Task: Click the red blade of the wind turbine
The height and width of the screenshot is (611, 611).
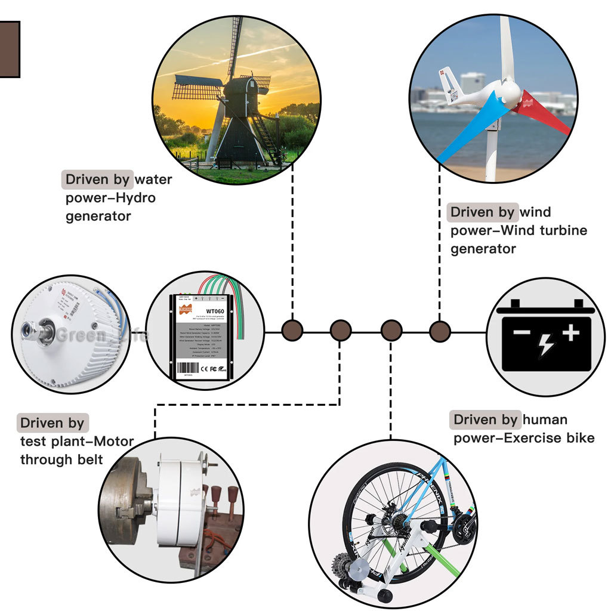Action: point(546,112)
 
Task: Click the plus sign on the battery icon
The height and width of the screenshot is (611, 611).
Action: point(570,332)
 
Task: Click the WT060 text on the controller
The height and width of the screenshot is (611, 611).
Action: point(215,311)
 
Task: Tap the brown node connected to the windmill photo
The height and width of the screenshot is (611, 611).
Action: point(292,330)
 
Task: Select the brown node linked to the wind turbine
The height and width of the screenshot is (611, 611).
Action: point(440,330)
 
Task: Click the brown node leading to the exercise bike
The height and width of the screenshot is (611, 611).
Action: point(391,330)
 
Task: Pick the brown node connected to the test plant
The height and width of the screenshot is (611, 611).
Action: point(340,330)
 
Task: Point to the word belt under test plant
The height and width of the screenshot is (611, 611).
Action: point(90,460)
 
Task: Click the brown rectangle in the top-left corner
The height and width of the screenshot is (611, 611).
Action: point(9,49)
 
